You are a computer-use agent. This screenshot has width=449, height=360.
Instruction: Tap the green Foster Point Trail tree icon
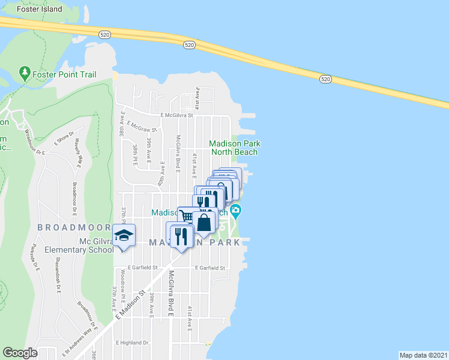point(25,74)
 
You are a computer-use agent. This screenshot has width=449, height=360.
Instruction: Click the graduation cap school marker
point(124,235)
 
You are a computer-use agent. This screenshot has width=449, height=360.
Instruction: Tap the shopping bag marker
point(204,222)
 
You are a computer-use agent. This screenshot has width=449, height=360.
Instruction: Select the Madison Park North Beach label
point(234,148)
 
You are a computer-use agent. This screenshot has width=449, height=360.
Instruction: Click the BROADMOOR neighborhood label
point(74,227)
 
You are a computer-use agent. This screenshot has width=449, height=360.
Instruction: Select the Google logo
point(20,353)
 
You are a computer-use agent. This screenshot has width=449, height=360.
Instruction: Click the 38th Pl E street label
point(135,154)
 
